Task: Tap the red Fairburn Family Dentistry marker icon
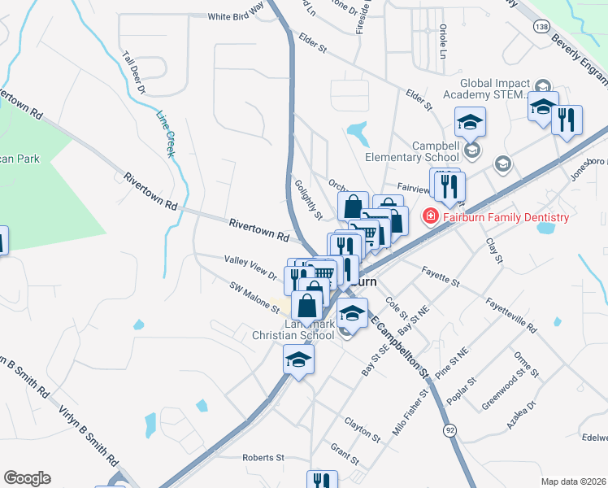click(429, 217)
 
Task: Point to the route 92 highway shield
click(448, 429)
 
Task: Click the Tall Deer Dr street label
click(133, 74)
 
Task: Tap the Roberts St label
click(263, 458)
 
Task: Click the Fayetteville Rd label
click(511, 317)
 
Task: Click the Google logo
click(27, 478)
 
